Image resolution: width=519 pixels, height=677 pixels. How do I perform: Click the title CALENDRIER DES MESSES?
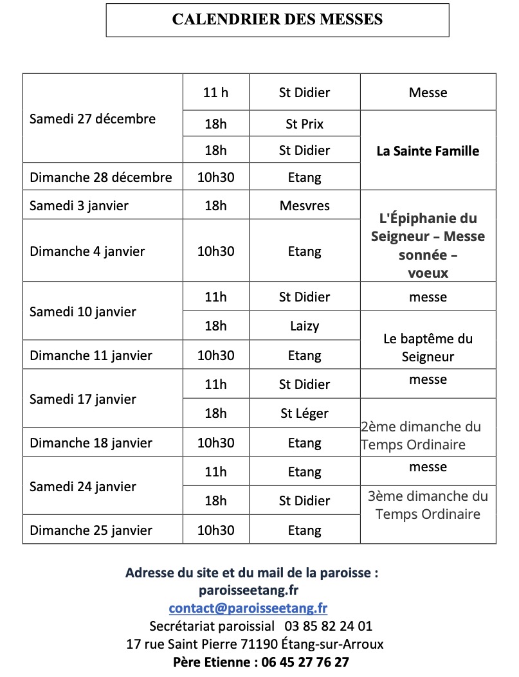click(277, 19)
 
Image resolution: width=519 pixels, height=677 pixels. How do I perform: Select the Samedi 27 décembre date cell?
click(93, 119)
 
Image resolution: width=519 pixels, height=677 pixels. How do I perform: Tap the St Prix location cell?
click(304, 123)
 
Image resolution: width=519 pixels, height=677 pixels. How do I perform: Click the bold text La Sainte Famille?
click(428, 152)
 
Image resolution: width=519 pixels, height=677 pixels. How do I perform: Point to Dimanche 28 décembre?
click(101, 177)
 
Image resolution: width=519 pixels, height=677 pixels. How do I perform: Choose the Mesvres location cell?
click(304, 206)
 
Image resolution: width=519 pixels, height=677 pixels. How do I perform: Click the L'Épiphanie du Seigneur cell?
click(428, 236)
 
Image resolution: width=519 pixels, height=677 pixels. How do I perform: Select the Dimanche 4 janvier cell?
click(87, 251)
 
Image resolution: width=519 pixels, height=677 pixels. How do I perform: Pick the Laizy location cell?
click(304, 326)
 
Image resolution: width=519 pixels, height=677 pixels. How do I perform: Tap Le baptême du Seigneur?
click(428, 347)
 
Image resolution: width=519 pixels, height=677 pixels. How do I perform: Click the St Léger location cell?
click(304, 413)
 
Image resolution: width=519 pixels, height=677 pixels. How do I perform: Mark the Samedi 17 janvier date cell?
click(83, 399)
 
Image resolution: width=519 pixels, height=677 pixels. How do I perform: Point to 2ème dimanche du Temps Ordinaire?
click(421, 435)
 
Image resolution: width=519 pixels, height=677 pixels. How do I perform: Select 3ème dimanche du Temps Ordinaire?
click(428, 505)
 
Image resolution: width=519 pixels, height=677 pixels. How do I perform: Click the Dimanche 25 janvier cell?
click(91, 530)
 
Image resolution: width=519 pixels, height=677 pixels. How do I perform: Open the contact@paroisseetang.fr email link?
click(248, 608)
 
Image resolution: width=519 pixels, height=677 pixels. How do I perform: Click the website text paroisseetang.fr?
click(248, 590)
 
